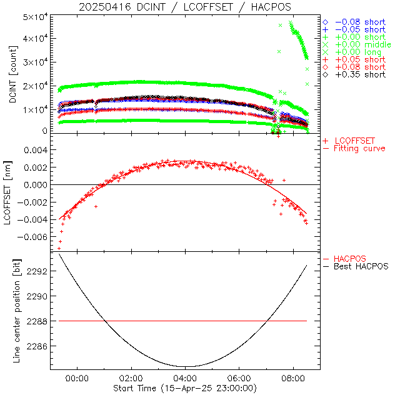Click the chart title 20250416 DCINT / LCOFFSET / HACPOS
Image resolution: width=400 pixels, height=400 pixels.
(x=184, y=7)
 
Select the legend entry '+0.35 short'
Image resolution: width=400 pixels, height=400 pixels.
(x=360, y=74)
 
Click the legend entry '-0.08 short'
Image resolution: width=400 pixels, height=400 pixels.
(x=360, y=22)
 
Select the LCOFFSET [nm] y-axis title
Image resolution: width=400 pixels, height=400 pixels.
(x=14, y=195)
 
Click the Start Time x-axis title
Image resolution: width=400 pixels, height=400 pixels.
(x=186, y=389)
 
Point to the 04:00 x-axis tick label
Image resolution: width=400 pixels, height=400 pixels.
(x=186, y=379)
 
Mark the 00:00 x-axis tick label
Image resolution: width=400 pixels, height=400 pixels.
(x=77, y=379)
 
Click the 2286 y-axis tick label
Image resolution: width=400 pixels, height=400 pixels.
(x=39, y=346)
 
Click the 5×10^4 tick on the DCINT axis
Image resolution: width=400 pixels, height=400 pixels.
(x=36, y=16)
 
